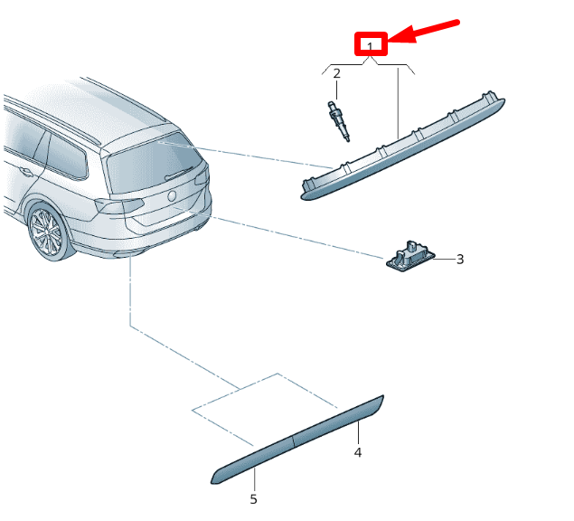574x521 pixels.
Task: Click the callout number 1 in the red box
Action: (x=370, y=47)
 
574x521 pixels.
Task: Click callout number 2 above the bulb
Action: (x=336, y=73)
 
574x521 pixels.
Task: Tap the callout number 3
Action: (x=460, y=260)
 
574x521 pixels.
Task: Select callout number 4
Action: (x=358, y=452)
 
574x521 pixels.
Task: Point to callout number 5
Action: (x=253, y=499)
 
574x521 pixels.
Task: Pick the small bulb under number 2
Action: (x=339, y=121)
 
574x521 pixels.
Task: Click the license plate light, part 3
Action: (x=410, y=256)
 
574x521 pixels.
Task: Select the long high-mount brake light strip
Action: (x=402, y=147)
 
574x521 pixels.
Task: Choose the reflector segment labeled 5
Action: (x=252, y=460)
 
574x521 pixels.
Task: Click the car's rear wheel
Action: (x=47, y=232)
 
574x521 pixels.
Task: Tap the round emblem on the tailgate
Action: (x=172, y=195)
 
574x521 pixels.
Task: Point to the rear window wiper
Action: (x=179, y=174)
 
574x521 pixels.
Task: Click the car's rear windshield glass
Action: (x=154, y=163)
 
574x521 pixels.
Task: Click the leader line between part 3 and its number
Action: (x=445, y=259)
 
